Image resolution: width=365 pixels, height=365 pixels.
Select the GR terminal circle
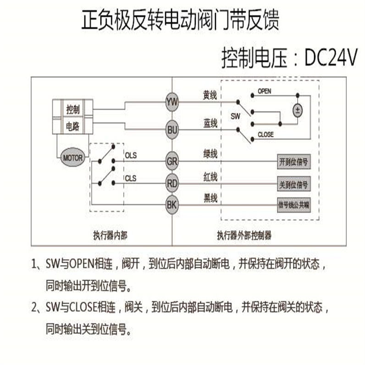172,161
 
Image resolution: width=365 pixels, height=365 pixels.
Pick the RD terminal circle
172,183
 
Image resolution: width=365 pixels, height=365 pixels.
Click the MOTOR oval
72,158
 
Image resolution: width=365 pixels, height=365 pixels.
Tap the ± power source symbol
298,111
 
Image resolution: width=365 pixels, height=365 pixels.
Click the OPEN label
264,91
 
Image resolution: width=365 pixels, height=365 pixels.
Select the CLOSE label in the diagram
265,135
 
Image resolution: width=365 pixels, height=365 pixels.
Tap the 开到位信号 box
293,162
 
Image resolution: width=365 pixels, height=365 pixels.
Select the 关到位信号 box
293,184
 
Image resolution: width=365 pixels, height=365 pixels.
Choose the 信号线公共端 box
293,205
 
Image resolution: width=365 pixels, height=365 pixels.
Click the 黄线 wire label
210,95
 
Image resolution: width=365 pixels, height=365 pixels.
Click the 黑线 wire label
210,198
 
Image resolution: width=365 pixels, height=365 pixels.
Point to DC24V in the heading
330,59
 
